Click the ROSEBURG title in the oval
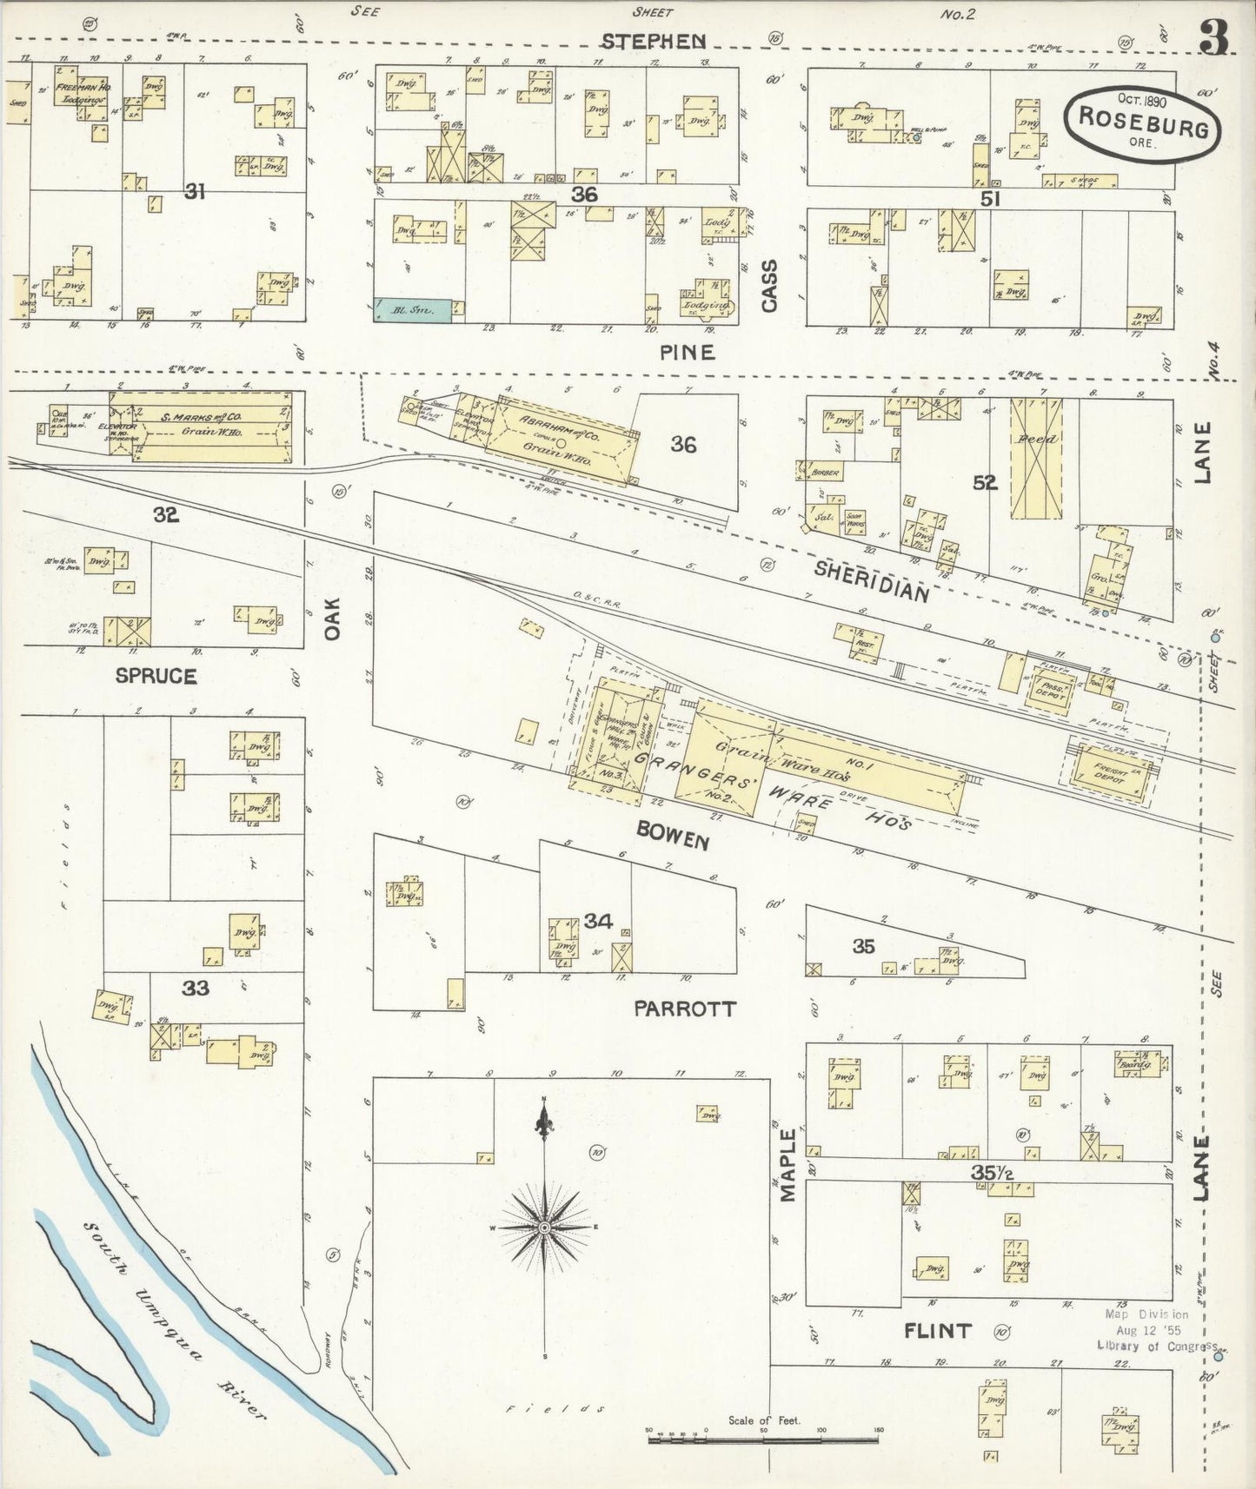coord(1143,122)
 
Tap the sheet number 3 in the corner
coord(1213,37)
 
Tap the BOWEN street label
coord(673,836)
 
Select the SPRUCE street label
coord(156,676)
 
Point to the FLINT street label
coord(937,1330)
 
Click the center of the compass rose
coord(544,1227)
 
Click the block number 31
coord(194,191)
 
